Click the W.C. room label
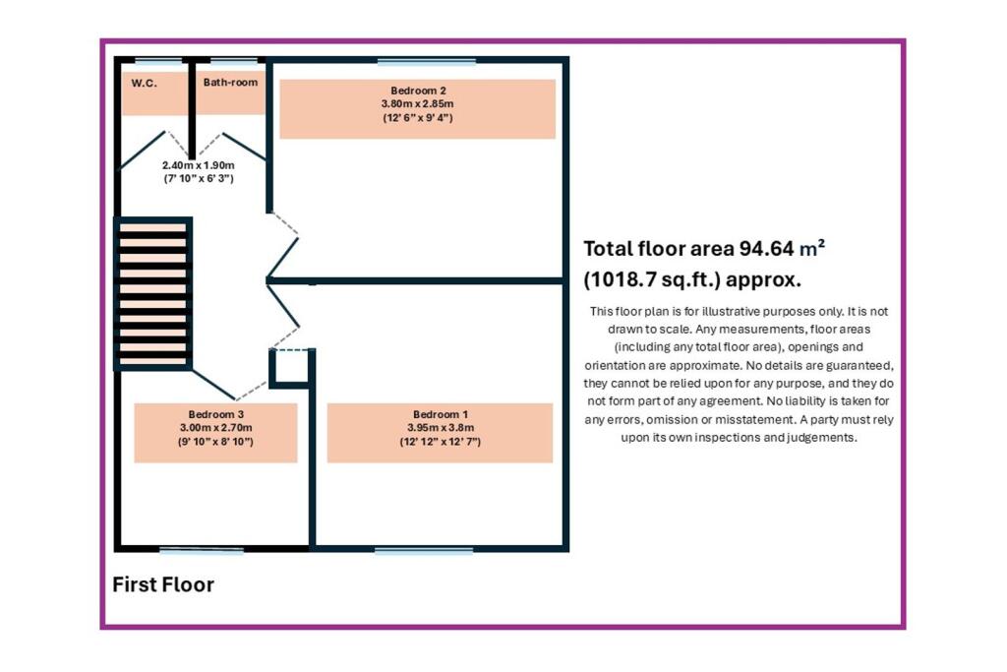(145, 83)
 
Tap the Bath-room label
(231, 83)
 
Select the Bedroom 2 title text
(418, 91)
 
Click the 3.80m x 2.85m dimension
(418, 103)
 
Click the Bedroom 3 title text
(215, 414)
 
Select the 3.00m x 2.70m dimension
(215, 428)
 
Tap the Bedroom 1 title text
(441, 414)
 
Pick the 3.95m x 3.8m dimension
(441, 428)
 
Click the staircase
(152, 293)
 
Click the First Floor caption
(163, 585)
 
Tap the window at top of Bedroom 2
(426, 61)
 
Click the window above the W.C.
(158, 61)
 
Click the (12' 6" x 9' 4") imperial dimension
(418, 118)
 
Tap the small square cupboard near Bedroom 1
(290, 366)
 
